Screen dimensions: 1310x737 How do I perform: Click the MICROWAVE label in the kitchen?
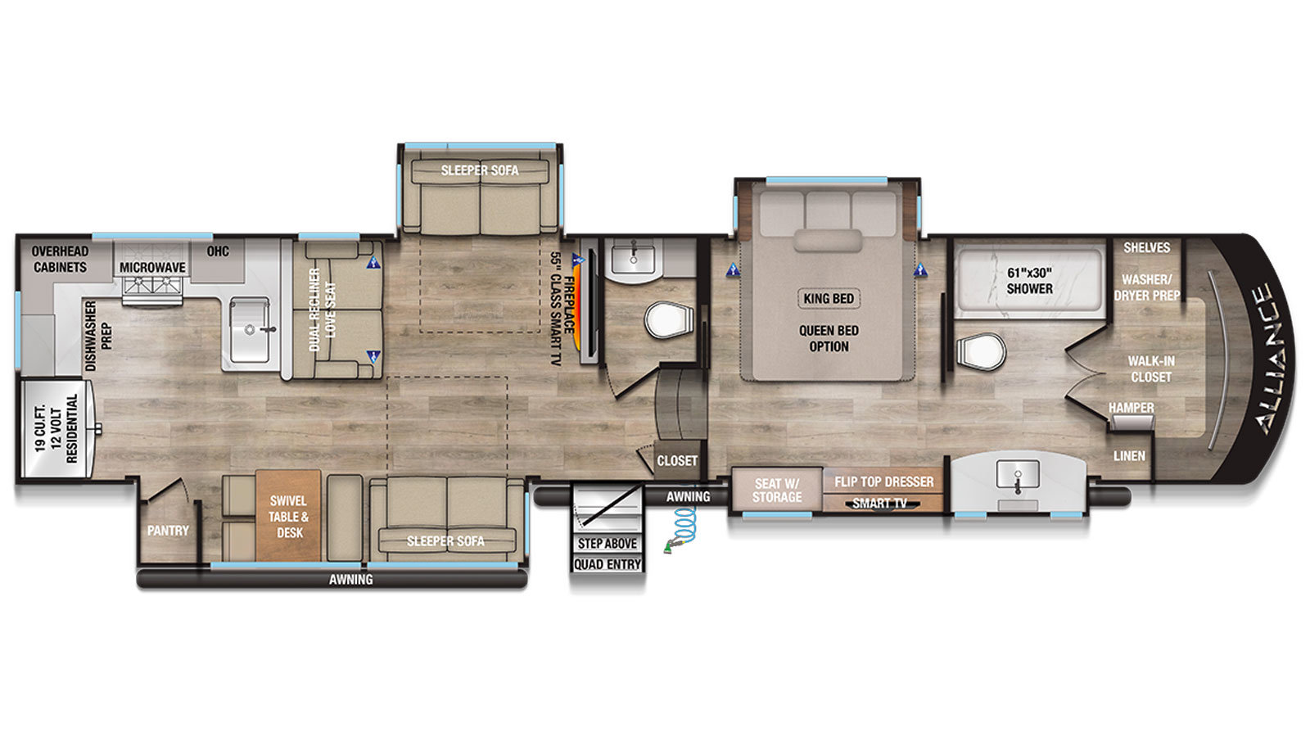click(152, 267)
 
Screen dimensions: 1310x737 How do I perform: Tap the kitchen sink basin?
click(250, 330)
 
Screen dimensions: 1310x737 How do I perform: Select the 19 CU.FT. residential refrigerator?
click(56, 429)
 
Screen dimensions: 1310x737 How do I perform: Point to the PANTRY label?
click(168, 531)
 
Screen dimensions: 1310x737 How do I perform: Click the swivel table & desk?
click(288, 516)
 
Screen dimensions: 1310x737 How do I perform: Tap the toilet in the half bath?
click(668, 320)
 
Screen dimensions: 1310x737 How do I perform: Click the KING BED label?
click(829, 298)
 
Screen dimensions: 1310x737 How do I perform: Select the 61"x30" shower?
click(1029, 281)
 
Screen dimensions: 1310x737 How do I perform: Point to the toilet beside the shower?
click(981, 351)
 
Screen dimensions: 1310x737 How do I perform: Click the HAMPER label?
click(1131, 407)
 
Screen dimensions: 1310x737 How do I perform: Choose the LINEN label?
click(1129, 455)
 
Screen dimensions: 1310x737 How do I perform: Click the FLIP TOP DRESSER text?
click(883, 482)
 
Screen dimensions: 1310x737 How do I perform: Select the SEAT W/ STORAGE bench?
click(777, 491)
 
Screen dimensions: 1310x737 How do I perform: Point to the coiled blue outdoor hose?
click(683, 529)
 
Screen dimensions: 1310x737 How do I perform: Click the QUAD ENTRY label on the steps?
click(608, 564)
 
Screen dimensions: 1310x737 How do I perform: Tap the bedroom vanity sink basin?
click(1019, 477)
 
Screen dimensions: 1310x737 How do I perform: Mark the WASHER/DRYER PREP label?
click(1147, 287)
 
